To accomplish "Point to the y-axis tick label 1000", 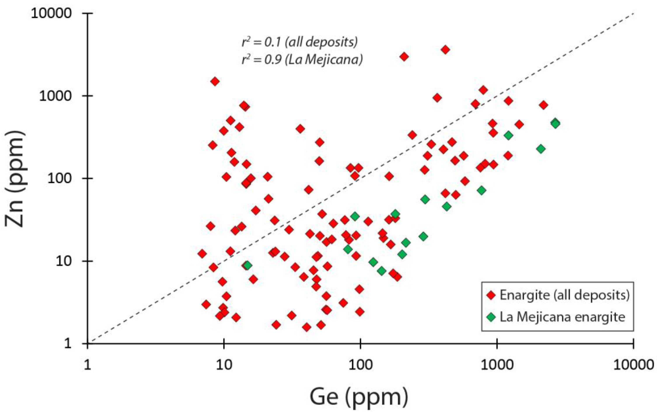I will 55,96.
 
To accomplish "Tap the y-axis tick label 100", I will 59,179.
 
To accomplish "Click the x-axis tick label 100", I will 360,365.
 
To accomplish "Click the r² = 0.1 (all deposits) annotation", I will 300,42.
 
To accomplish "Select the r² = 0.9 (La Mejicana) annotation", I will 302,59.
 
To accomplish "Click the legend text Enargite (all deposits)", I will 564,295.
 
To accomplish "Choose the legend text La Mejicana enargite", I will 562,317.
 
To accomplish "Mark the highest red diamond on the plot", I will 445,50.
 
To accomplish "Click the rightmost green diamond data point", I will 556,123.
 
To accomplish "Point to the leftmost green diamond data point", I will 247,265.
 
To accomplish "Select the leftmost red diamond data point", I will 202,254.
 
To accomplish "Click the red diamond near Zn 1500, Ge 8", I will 215,81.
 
